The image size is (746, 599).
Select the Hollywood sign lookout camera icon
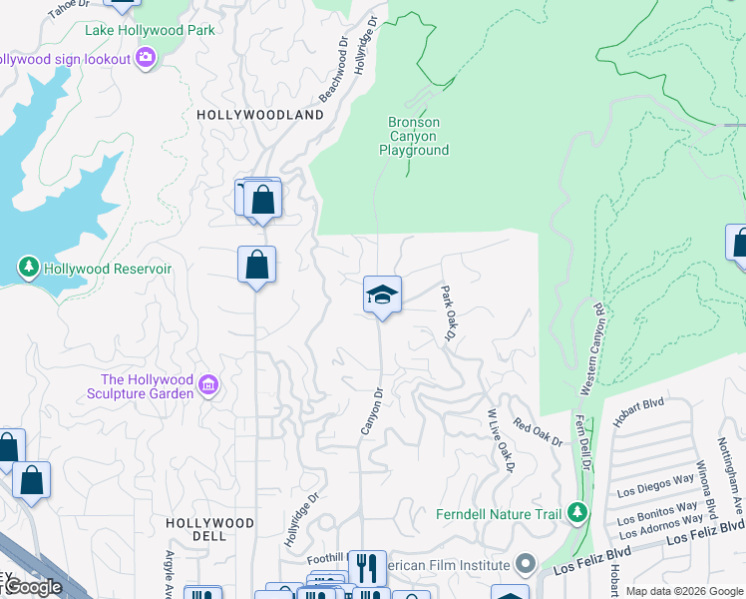[x=146, y=59]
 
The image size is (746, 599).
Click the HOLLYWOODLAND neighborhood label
[x=260, y=115]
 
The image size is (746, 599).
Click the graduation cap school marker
[x=382, y=295]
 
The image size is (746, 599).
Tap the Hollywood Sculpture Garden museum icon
[x=208, y=385]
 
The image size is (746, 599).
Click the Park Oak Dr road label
[x=448, y=314]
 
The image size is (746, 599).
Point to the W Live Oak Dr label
[x=501, y=440]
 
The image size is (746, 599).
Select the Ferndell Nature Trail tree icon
[x=575, y=513]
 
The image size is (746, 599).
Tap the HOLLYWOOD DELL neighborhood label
[x=209, y=523]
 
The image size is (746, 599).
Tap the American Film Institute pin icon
[x=526, y=565]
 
